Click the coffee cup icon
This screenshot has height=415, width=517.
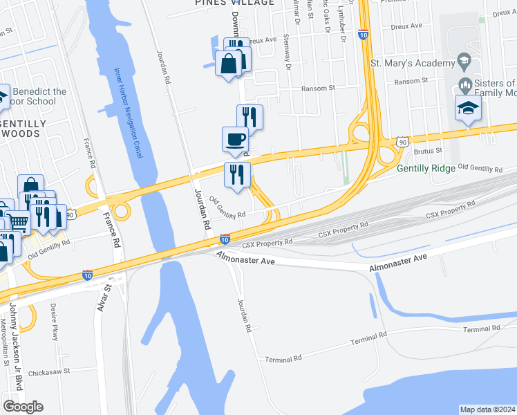pos(235,138)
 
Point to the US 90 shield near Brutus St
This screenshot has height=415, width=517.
pos(402,141)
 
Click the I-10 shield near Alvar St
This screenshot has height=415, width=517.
pos(87,275)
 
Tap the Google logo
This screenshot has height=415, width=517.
pos(23,406)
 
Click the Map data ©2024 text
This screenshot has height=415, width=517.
pos(487,409)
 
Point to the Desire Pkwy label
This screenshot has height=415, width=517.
pos(56,324)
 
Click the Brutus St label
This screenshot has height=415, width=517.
pos(427,150)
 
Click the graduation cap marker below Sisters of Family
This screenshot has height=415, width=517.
pos(467,108)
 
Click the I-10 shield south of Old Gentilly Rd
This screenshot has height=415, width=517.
pos(225,239)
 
